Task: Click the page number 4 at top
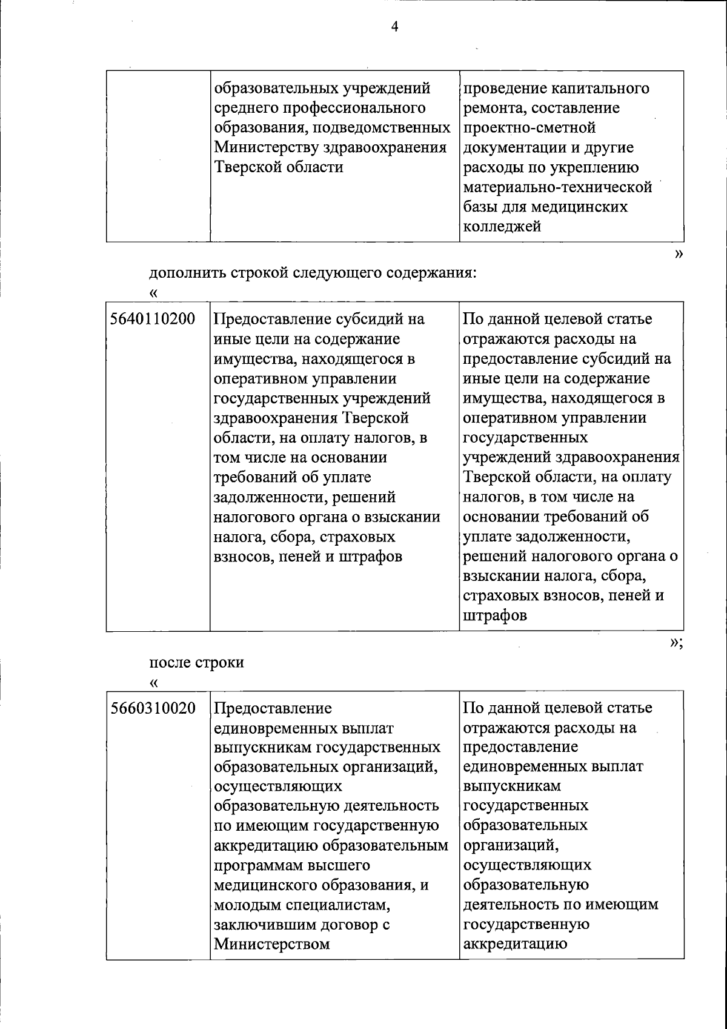pos(394,27)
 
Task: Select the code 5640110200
pos(153,319)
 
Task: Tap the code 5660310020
pos(153,708)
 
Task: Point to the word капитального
pos(600,89)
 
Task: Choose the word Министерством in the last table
pos(272,945)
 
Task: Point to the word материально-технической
pos(557,187)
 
